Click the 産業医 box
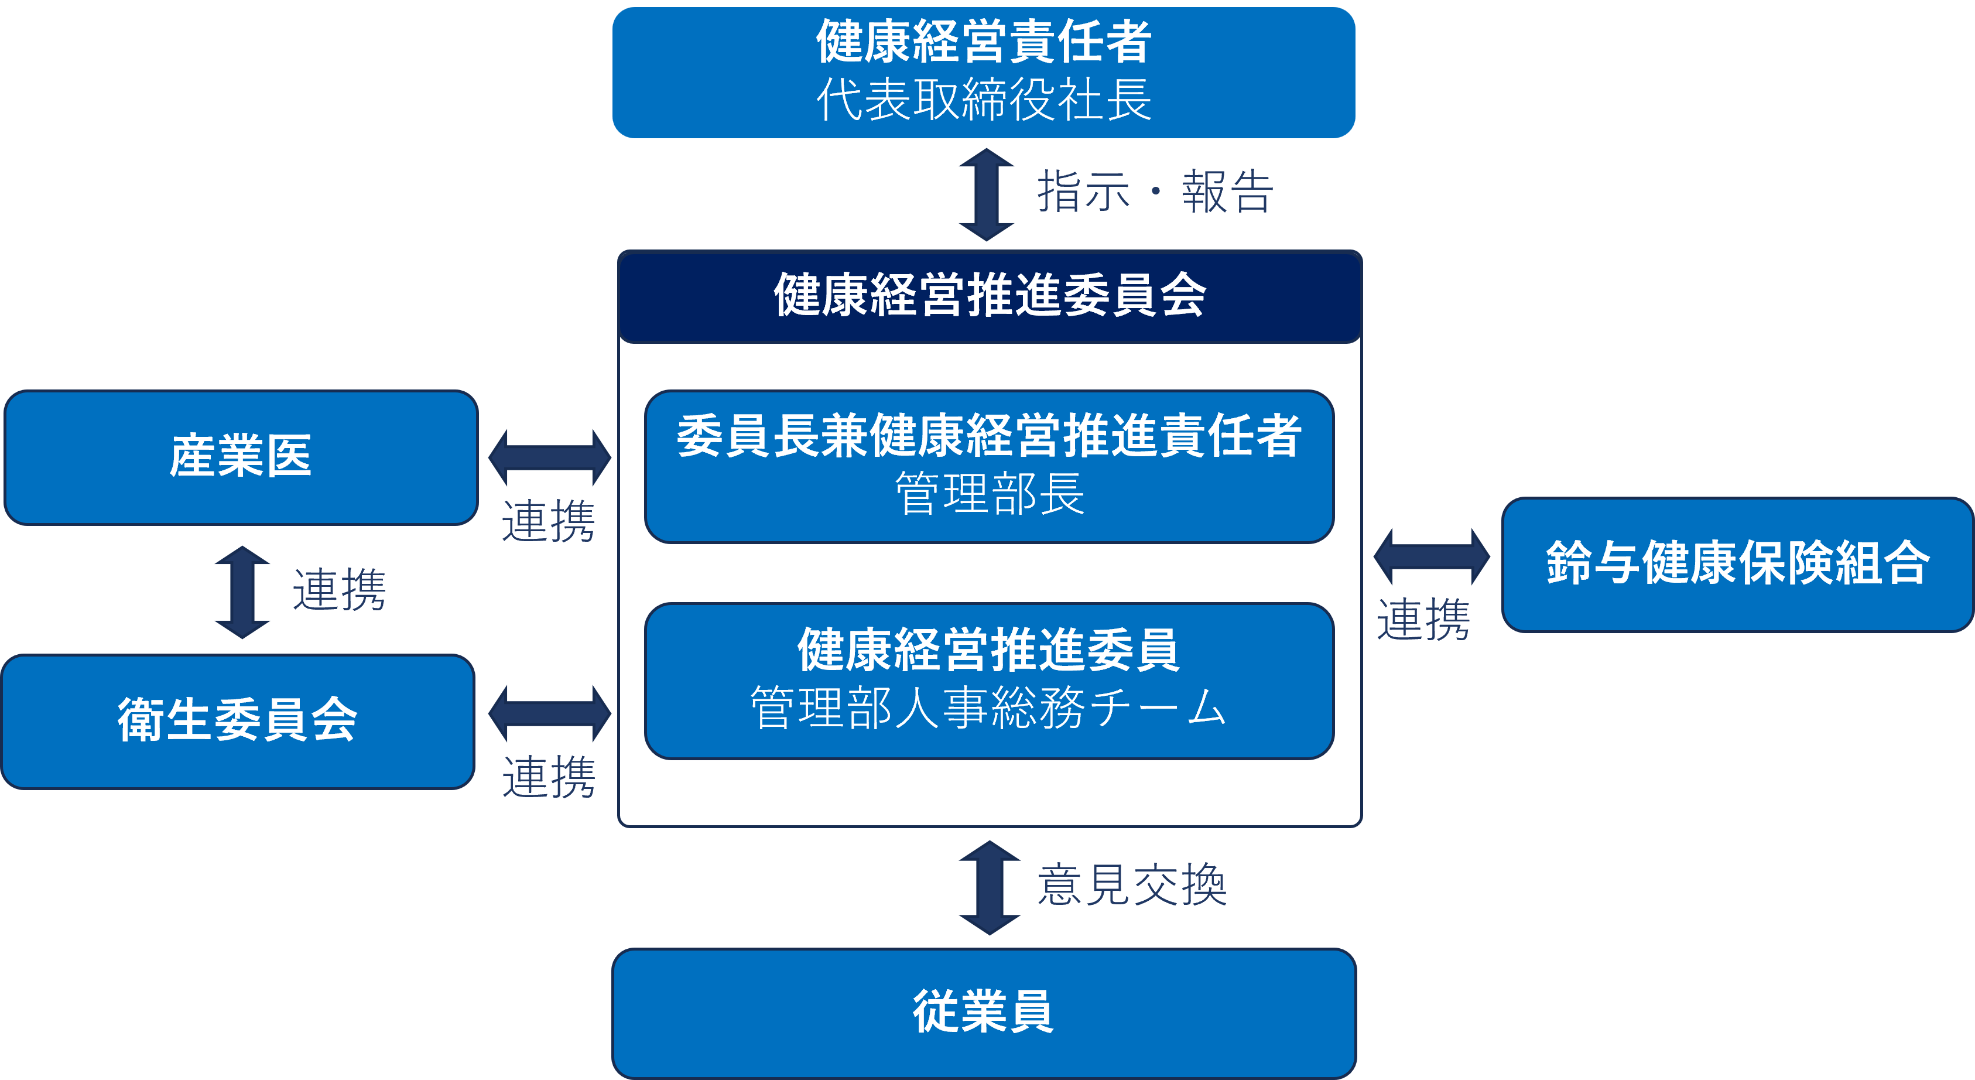click(x=241, y=457)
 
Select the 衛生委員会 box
click(x=238, y=721)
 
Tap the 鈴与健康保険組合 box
click(x=1737, y=565)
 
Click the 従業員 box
click(x=984, y=1013)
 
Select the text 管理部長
click(x=989, y=494)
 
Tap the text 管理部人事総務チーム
click(x=988, y=708)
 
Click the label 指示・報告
click(x=1155, y=192)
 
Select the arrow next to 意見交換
click(x=989, y=887)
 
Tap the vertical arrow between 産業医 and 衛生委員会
click(x=242, y=592)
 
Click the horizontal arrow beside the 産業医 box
click(x=550, y=458)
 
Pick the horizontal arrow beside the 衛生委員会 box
click(x=550, y=713)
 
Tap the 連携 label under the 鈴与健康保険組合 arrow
click(x=1423, y=620)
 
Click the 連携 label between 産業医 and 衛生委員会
click(x=339, y=590)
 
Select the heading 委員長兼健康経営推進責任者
click(x=989, y=436)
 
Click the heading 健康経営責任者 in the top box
click(x=984, y=42)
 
